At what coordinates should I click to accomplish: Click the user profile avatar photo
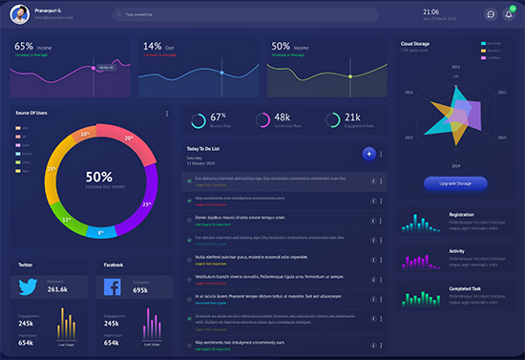click(16, 14)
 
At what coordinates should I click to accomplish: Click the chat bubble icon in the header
click(490, 14)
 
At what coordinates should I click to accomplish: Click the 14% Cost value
click(152, 46)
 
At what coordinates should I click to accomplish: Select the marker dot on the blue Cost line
click(221, 73)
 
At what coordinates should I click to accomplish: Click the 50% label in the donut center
click(98, 177)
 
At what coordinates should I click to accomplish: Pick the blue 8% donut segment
click(100, 230)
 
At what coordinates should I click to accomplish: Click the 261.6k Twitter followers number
click(57, 288)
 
